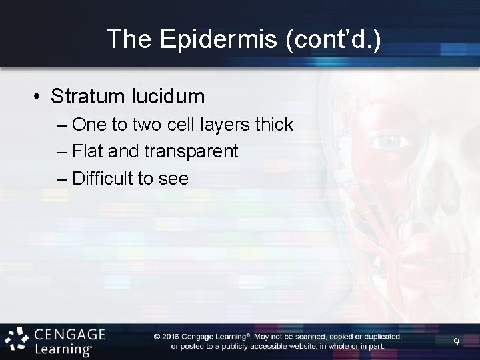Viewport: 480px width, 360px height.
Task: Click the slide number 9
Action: [x=456, y=342]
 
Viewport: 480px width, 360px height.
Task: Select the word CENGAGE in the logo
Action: [x=69, y=334]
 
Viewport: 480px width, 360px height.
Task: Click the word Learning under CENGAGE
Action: [x=64, y=348]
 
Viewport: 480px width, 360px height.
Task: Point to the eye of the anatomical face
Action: [x=388, y=142]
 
